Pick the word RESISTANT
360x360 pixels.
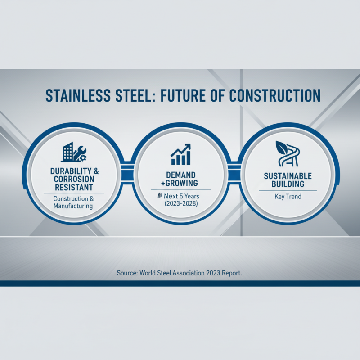pos(75,187)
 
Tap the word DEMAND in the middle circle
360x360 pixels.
pos(180,175)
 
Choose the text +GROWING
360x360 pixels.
pos(180,183)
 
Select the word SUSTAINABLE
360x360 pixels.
pos(288,176)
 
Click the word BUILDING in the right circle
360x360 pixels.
pos(288,184)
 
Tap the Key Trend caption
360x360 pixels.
pos(288,197)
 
